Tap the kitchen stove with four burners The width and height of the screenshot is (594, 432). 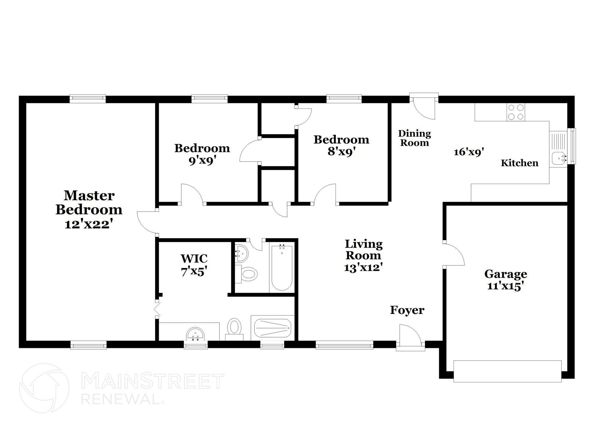point(516,112)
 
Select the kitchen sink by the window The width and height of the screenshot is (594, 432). point(558,158)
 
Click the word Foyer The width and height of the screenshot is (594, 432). point(407,310)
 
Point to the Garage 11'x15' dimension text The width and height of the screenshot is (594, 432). point(506,286)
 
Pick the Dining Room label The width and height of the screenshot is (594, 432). point(414,138)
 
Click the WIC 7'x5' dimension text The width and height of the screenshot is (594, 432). point(194,272)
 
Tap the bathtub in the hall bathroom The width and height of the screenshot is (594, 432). point(282,268)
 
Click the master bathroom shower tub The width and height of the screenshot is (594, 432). point(273,328)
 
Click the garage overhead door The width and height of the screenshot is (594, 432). point(507,371)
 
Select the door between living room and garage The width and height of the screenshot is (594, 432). point(454,254)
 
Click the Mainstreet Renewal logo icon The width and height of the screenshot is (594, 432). point(44,388)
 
